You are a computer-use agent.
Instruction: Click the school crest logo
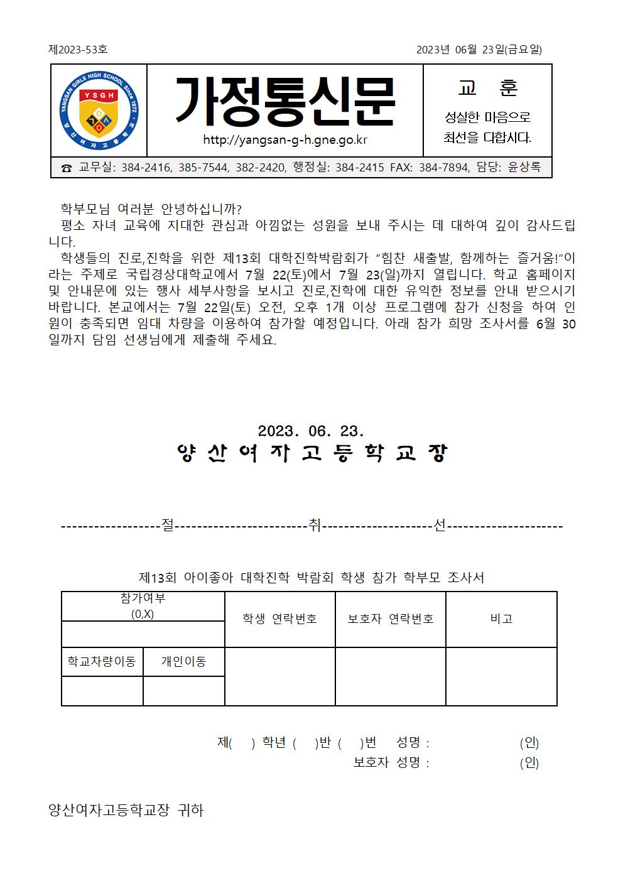pyautogui.click(x=99, y=110)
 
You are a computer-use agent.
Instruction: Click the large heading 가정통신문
pyautogui.click(x=285, y=101)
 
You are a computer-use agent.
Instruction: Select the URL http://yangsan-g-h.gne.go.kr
pyautogui.click(x=285, y=139)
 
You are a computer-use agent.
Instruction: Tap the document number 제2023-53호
pyautogui.click(x=78, y=50)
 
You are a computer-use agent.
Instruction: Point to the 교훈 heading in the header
pyautogui.click(x=487, y=89)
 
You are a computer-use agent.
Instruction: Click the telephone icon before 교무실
pyautogui.click(x=66, y=168)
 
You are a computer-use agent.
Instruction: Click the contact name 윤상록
pyautogui.click(x=524, y=168)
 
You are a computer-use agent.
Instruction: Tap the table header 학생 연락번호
pyautogui.click(x=279, y=619)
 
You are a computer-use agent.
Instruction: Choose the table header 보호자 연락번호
pyautogui.click(x=391, y=619)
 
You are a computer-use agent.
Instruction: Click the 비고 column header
pyautogui.click(x=501, y=619)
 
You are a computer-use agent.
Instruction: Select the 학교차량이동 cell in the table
pyautogui.click(x=102, y=661)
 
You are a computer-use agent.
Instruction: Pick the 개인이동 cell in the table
pyautogui.click(x=183, y=661)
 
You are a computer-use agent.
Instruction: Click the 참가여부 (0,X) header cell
pyautogui.click(x=143, y=606)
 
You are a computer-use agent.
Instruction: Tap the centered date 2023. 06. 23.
pyautogui.click(x=311, y=431)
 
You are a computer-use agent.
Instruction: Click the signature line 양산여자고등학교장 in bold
pyautogui.click(x=311, y=454)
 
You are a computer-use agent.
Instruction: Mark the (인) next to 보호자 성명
pyautogui.click(x=529, y=763)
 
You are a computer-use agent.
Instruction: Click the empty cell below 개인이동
pyautogui.click(x=183, y=691)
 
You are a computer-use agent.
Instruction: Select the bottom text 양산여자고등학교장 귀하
pyautogui.click(x=126, y=810)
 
